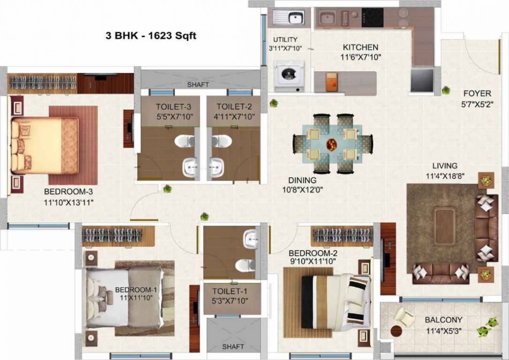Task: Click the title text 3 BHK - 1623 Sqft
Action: (151, 35)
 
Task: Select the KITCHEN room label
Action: (360, 47)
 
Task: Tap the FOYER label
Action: (477, 93)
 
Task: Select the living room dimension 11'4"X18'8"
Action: (445, 176)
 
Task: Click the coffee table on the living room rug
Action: (444, 226)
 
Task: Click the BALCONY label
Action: (443, 320)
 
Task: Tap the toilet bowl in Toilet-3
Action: (185, 141)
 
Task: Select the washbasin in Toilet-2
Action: (216, 166)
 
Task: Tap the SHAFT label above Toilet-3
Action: (198, 85)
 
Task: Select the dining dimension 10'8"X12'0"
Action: (303, 190)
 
